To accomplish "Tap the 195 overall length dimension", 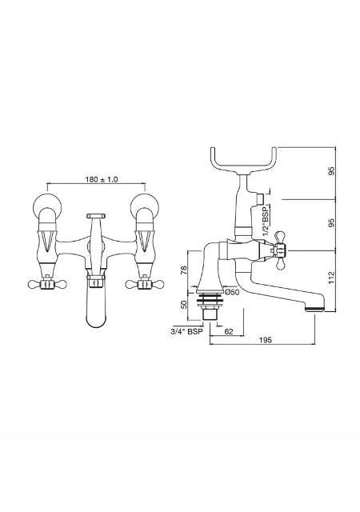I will [x=266, y=340].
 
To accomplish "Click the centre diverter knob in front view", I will [x=95, y=215].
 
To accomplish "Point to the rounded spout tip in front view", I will [x=95, y=316].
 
